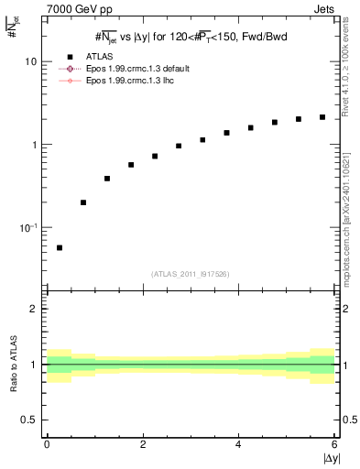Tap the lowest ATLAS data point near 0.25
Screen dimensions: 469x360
60,247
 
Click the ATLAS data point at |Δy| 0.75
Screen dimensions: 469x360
83,202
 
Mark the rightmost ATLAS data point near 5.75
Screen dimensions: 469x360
322,117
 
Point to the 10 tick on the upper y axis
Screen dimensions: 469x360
32,61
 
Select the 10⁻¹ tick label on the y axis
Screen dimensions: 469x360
29,227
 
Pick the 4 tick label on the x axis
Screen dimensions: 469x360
238,444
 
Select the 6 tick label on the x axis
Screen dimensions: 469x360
334,444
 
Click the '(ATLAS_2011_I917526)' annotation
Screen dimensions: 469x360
191,274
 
